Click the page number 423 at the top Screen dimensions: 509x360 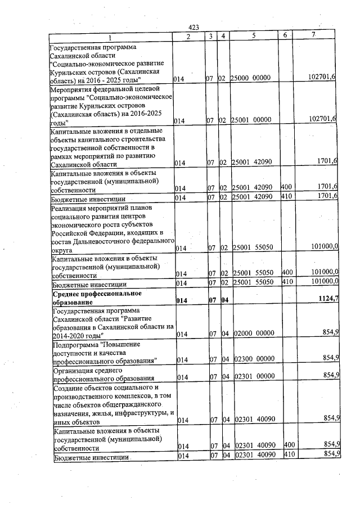click(194, 28)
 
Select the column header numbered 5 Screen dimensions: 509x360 click(254, 36)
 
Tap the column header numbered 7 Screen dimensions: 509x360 click(314, 36)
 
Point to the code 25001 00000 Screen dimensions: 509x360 click(251, 120)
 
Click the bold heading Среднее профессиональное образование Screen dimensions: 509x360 click(96, 298)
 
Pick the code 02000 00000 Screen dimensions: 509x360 click(254, 334)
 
